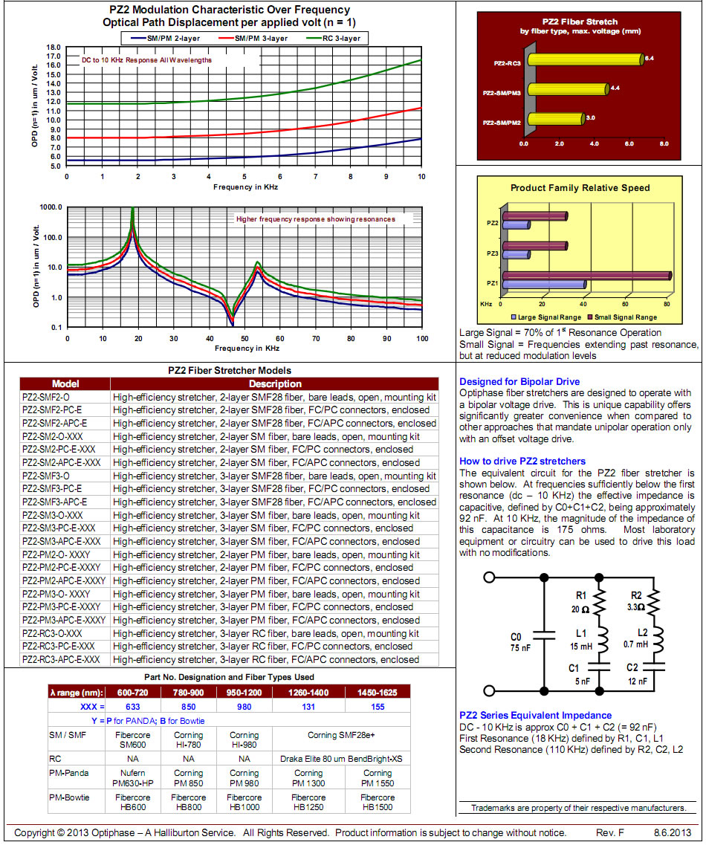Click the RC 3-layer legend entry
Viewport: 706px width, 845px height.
coord(340,38)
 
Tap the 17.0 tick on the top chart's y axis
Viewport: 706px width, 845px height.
coord(53,56)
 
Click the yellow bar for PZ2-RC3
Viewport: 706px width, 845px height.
coord(586,59)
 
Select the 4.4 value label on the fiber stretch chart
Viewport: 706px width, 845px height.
coord(615,88)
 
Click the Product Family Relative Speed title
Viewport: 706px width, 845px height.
coord(580,188)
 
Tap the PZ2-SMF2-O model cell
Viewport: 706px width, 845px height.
coord(46,397)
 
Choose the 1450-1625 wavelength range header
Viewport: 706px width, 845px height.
coord(378,693)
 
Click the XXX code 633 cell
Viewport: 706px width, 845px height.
coord(133,707)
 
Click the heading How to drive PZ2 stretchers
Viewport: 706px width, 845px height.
coord(522,462)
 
